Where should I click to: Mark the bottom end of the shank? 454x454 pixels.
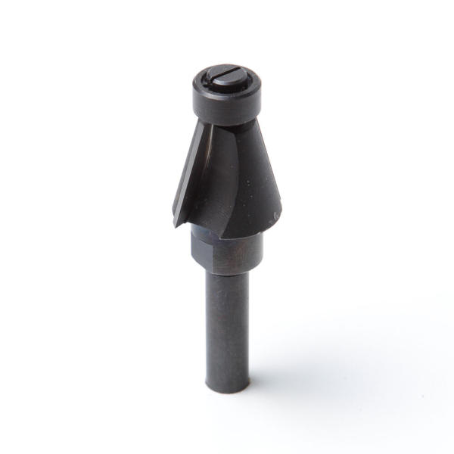[x=228, y=387]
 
